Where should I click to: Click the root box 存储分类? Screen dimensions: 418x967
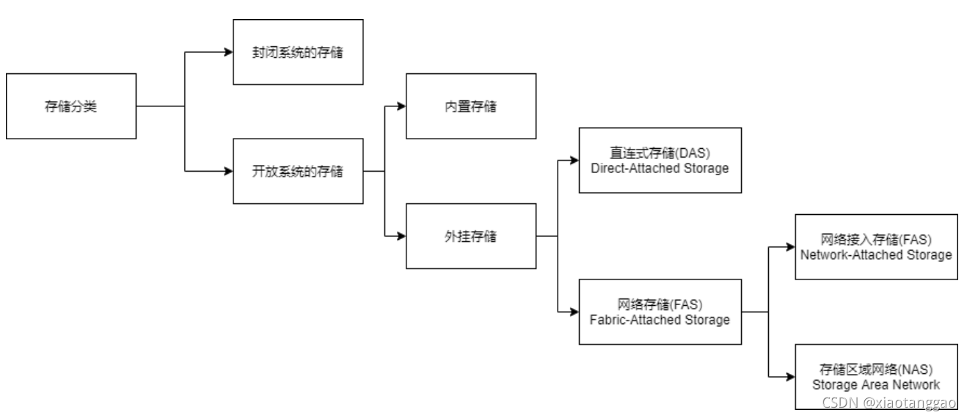click(x=71, y=106)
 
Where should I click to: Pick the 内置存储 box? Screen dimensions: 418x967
click(x=471, y=106)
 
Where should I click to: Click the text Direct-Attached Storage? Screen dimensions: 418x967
click(x=660, y=167)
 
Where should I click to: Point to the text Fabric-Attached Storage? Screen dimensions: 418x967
click(x=660, y=320)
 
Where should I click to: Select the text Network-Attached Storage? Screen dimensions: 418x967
click(x=876, y=255)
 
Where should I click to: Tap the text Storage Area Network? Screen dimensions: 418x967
click(x=876, y=384)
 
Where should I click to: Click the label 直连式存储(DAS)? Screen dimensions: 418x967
click(x=660, y=153)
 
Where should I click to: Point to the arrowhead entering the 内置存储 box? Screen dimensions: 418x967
click(x=401, y=106)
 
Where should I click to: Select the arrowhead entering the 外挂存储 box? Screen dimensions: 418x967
click(x=401, y=236)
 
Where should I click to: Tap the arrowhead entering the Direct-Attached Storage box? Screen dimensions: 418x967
click(x=574, y=160)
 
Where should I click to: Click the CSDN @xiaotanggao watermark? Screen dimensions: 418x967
click(x=893, y=403)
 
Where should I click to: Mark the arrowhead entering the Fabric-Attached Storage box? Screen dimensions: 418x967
click(x=574, y=312)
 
